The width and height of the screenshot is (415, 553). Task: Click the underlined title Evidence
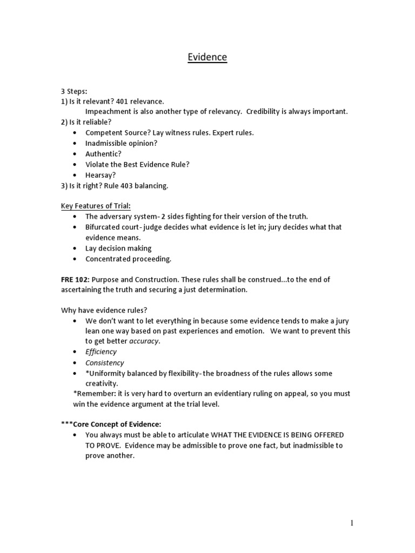point(207,57)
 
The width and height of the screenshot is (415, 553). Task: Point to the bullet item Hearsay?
point(101,175)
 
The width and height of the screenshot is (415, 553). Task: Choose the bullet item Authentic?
point(103,154)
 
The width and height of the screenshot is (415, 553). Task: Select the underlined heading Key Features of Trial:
point(95,206)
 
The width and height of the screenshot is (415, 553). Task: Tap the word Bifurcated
point(104,227)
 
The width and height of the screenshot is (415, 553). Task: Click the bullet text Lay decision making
point(118,248)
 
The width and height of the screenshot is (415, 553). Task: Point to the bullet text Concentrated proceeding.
point(128,259)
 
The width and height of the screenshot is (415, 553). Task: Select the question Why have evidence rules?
point(104,310)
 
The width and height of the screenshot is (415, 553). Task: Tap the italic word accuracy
point(145,341)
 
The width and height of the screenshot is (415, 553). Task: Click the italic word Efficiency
point(101,352)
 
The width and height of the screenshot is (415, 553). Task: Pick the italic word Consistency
point(104,363)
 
